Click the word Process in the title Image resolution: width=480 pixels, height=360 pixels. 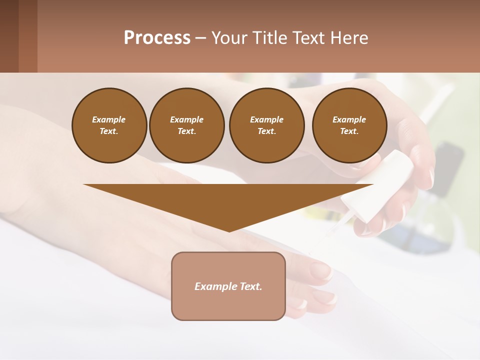point(157,38)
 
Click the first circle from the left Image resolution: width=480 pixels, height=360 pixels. point(109,125)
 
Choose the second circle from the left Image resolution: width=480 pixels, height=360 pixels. point(187,125)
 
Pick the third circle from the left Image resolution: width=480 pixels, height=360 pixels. point(266,125)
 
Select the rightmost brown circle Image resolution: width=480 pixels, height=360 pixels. point(349,125)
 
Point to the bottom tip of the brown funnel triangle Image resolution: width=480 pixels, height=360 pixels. point(229,230)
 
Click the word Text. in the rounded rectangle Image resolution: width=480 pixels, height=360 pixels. point(251,286)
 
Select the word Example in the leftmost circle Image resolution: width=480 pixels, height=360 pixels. point(109,119)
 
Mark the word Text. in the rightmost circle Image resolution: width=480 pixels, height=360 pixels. point(349,131)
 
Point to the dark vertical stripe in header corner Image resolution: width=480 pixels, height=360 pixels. point(27,36)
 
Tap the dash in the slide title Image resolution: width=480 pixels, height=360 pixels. point(200,38)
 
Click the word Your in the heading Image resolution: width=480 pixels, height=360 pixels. point(229,38)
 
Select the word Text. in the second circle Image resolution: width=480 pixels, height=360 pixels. point(187,131)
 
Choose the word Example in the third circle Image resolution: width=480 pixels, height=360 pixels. point(266,119)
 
